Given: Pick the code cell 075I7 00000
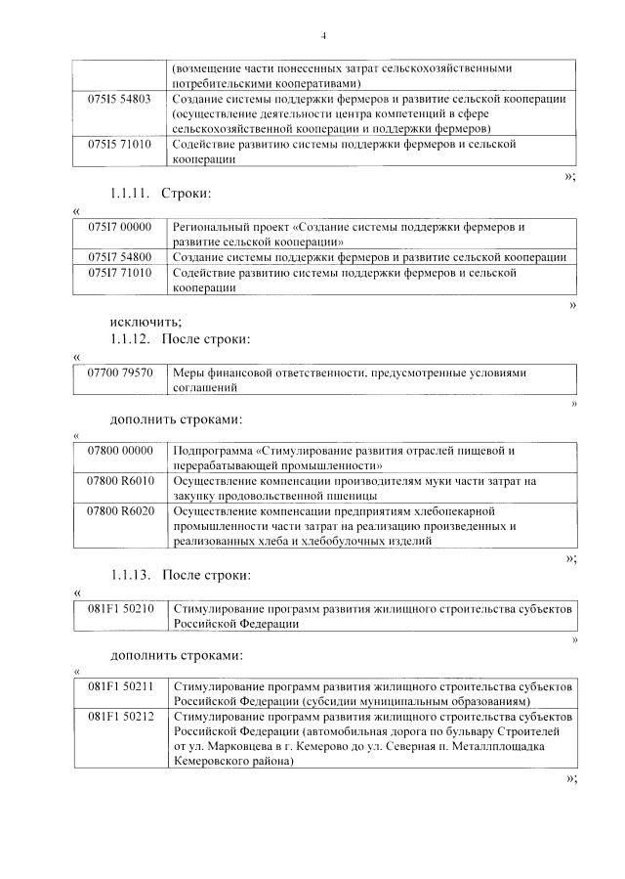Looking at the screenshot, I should tap(120, 227).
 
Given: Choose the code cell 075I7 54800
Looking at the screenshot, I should tap(120, 256).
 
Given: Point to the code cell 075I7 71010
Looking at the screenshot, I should tap(120, 273).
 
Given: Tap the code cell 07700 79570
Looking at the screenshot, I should tap(120, 374).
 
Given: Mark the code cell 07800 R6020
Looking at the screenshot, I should tap(120, 511).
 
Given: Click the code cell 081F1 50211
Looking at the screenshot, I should tap(120, 687).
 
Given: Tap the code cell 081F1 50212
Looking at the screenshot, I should tap(120, 717).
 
